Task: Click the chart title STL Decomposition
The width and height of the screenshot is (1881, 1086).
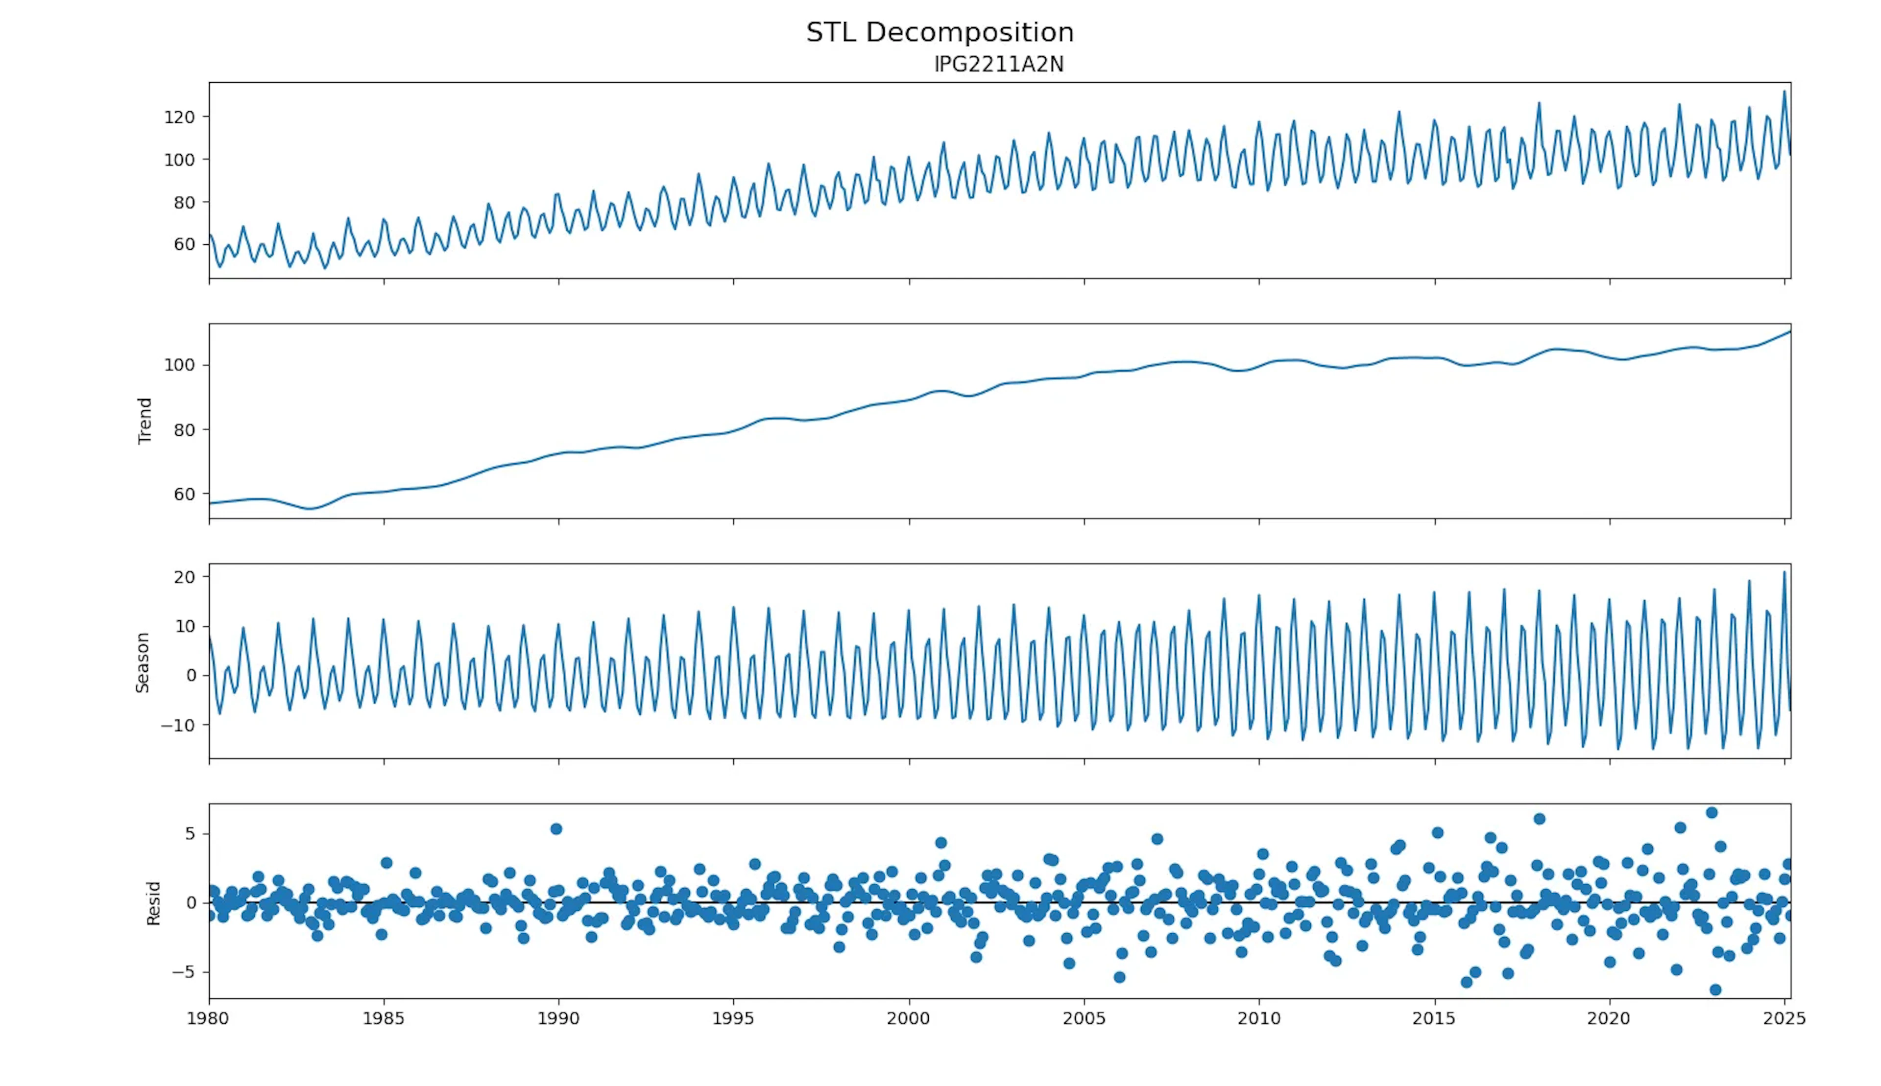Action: point(940,32)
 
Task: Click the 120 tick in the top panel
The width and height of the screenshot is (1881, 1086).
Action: point(179,117)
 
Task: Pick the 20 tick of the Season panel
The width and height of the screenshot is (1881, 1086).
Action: point(184,577)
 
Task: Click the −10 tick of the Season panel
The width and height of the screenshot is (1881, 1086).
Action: point(178,725)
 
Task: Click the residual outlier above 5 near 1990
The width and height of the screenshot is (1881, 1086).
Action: point(556,828)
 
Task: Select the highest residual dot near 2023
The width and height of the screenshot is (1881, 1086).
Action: point(1712,812)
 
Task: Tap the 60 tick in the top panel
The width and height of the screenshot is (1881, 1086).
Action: point(184,245)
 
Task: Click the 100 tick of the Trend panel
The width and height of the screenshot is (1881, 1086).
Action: point(179,365)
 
